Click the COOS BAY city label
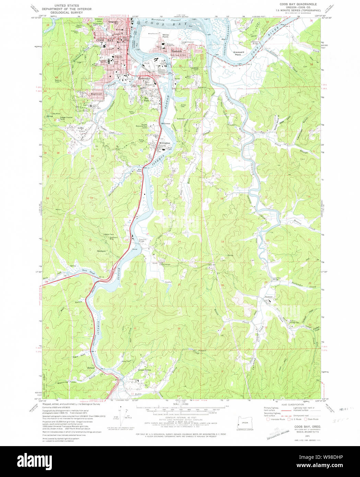(100, 40)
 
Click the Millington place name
(164, 143)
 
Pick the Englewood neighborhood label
(96, 94)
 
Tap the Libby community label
(81, 128)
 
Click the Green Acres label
(144, 370)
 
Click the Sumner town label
(268, 297)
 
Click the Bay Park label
(146, 100)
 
